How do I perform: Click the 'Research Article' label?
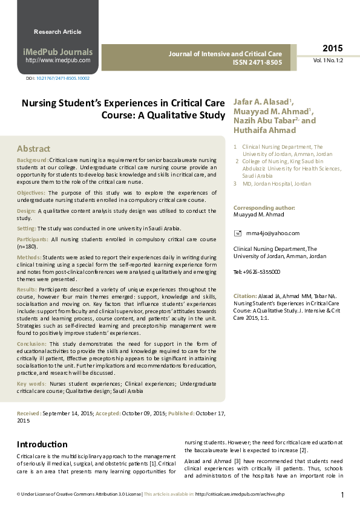point(57,31)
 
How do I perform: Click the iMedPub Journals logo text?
point(58,52)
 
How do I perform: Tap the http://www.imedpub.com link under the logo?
point(58,60)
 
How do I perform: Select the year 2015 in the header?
point(332,48)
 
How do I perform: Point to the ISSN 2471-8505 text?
point(257,63)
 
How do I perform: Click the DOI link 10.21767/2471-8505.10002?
point(62,79)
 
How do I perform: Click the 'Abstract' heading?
point(33,149)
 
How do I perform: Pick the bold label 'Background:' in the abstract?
point(33,160)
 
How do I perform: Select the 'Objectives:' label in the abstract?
point(31,192)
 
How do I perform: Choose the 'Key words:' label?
point(31,383)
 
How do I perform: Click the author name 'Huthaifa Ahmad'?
point(257,130)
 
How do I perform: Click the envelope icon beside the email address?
point(238,233)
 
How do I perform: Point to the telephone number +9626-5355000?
point(261,272)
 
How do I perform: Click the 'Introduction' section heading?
point(42,444)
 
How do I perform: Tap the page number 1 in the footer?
point(342,496)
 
